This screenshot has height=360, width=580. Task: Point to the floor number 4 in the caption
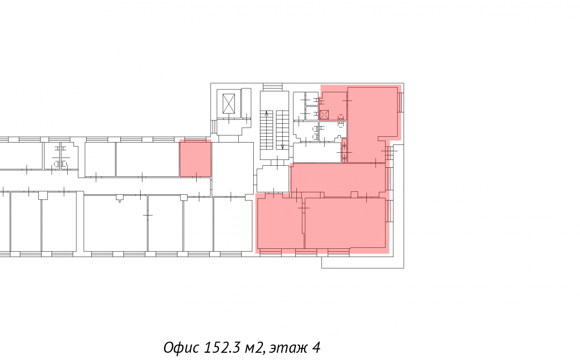[316, 347]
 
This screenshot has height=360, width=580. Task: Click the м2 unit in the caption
[255, 348]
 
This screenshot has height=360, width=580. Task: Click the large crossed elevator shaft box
[229, 103]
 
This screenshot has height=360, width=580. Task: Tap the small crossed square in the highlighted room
[324, 115]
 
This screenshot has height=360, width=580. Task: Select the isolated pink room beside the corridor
[195, 158]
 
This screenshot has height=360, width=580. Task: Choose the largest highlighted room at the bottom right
[346, 223]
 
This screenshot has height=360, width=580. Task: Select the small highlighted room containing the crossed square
[333, 106]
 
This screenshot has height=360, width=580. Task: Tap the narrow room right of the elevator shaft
[246, 103]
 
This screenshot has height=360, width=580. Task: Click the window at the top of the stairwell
[273, 87]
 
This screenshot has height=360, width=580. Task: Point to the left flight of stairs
[266, 130]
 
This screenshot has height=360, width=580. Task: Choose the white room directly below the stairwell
[273, 179]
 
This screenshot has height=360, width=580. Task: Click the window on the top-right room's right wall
[401, 102]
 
